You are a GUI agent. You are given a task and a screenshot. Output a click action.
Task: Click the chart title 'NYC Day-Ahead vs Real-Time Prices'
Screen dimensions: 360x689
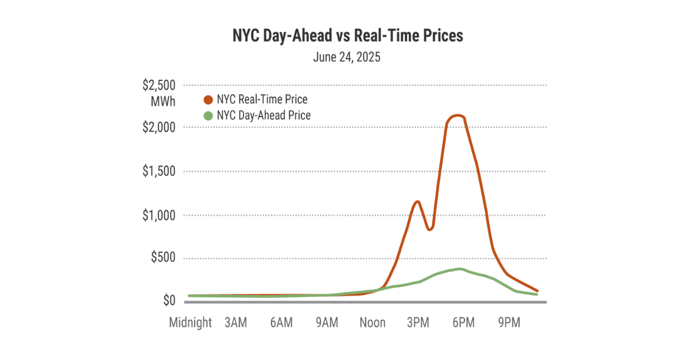[x=347, y=36]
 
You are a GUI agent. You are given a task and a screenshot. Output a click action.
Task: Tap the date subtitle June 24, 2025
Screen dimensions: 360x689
[x=347, y=57]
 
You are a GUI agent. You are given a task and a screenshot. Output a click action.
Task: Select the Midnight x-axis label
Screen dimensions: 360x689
[x=190, y=323]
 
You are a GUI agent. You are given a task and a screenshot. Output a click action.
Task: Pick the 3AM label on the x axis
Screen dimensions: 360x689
[x=235, y=323]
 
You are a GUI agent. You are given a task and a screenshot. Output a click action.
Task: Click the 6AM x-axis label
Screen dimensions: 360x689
[x=281, y=323]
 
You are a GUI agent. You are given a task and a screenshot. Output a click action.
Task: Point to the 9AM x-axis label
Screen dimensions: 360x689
[x=327, y=323]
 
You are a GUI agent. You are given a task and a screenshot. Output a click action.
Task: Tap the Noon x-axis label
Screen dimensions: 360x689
[x=372, y=323]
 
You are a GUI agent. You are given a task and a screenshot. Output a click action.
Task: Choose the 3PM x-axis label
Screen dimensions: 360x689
[x=418, y=323]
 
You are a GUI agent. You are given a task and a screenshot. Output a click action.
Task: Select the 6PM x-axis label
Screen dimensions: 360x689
[x=463, y=323]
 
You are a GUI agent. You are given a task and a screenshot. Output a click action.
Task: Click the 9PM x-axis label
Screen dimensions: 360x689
[x=509, y=323]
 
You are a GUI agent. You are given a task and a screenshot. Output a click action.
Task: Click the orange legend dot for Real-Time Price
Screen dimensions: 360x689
[x=208, y=100]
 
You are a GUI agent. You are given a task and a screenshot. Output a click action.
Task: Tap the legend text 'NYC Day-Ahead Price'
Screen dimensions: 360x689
[x=264, y=115]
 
